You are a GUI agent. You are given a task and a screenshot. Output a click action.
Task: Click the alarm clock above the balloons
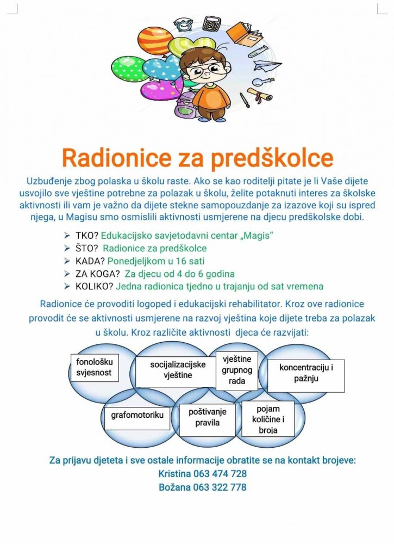coord(184,24)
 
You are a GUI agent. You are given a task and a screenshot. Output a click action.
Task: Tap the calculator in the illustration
coord(211,23)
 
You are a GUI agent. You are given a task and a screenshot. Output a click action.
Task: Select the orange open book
coord(242,34)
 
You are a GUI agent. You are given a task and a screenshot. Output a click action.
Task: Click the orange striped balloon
coord(155,41)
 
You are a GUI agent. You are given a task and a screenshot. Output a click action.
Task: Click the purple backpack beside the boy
coord(185,104)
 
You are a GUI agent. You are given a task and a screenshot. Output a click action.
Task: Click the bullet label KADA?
coord(90,261)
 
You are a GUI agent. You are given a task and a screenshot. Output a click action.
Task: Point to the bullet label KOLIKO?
coord(96,286)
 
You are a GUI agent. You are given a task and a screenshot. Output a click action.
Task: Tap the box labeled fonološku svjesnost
coord(94,367)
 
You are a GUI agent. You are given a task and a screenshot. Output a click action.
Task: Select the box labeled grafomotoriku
coord(137,415)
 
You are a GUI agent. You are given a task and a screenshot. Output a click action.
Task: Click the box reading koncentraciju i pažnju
coord(306,373)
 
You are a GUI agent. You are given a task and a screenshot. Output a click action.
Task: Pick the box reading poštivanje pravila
coord(207,417)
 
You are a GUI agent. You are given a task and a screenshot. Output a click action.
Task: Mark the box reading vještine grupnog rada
coord(237,370)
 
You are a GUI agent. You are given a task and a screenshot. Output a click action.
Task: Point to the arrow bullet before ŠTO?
coord(67,249)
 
